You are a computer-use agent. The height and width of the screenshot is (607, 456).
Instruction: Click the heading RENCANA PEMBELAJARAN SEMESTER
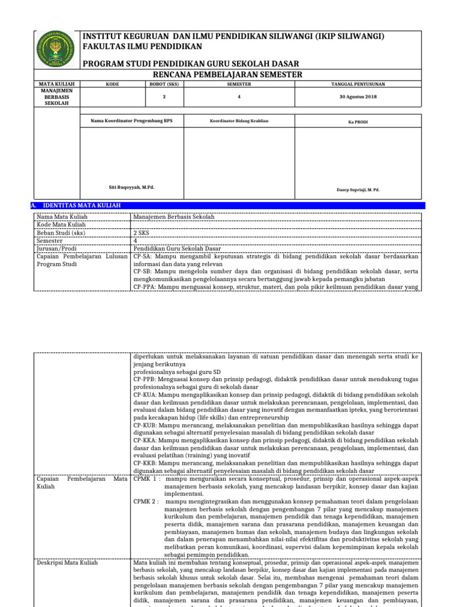coord(228,74)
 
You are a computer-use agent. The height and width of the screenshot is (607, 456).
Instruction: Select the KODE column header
coord(112,84)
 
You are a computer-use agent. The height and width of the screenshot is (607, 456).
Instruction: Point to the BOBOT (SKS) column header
coord(163,84)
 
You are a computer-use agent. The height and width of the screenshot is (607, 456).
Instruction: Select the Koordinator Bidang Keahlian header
coord(239,121)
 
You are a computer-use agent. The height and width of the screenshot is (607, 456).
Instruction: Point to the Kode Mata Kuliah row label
coord(62,225)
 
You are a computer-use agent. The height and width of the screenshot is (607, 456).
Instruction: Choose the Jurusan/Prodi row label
coord(58,248)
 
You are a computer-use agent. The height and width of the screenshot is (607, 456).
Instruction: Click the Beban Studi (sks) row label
coord(61,233)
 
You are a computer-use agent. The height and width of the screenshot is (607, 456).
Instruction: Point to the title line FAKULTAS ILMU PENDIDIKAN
coord(142,46)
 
